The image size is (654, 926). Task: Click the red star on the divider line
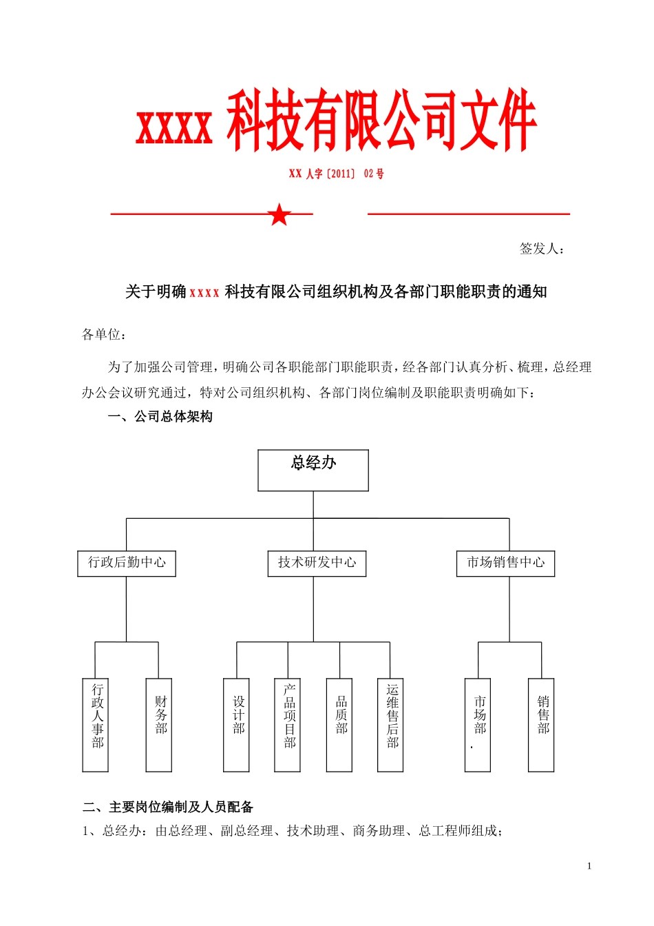coord(279,214)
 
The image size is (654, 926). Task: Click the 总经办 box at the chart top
coord(313,470)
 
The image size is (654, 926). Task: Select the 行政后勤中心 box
coord(127,563)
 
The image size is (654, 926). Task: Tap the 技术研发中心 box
coord(317,563)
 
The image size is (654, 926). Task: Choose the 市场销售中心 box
coord(506,563)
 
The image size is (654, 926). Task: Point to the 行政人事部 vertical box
coord(96,724)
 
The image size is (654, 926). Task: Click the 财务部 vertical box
coord(159,724)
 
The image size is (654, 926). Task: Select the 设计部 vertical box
coord(237,724)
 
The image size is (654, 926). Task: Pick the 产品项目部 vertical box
coord(288,724)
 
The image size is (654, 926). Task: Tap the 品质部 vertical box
coord(339,724)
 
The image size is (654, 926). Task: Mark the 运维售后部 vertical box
coord(391,724)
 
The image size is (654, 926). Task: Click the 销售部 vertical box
coord(541,724)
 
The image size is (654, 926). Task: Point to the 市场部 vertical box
coord(478,724)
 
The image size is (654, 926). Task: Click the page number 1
coord(589,866)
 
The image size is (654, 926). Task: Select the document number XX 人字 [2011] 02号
coord(336,174)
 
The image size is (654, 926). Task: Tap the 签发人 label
coord(541,249)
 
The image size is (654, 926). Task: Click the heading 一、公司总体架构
coord(160,417)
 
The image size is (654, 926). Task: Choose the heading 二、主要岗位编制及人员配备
coord(168,807)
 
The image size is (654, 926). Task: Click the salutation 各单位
coord(104,335)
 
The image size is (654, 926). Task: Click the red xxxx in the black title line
coord(204,293)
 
